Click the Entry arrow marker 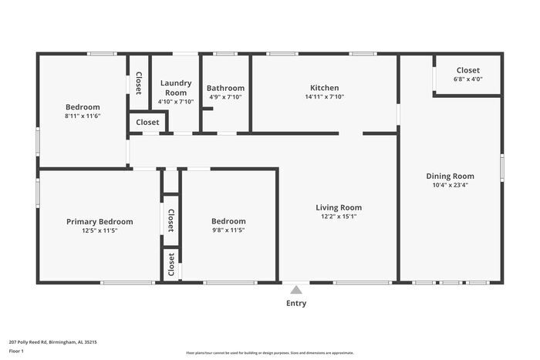tap(296, 290)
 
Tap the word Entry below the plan tap(296, 303)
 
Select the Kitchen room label tap(324, 88)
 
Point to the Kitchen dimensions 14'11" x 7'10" tap(324, 97)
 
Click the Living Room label tap(339, 207)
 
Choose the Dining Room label tap(450, 176)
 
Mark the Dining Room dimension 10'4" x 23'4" tap(450, 185)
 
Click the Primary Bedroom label tap(100, 221)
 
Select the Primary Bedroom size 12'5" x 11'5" tap(100, 230)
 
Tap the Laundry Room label tap(176, 87)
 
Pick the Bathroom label tap(225, 88)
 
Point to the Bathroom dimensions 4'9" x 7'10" tap(225, 97)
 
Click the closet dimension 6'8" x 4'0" tap(467, 79)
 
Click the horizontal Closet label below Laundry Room tap(147, 122)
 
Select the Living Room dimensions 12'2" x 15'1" tap(339, 217)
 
